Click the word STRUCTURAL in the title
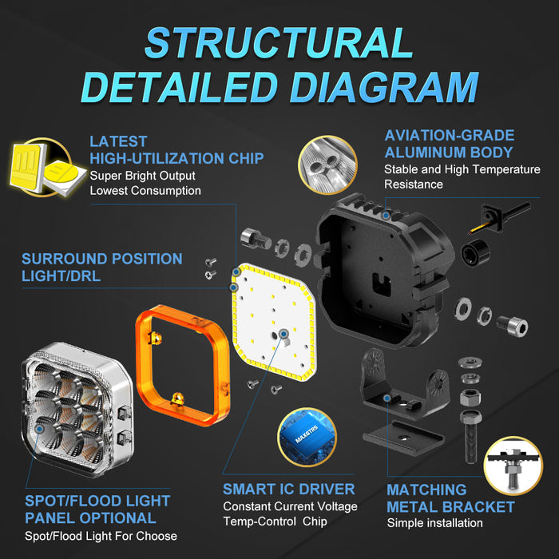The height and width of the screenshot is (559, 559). click(279, 43)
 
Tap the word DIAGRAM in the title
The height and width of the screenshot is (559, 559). click(384, 87)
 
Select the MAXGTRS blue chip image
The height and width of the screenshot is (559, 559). click(307, 437)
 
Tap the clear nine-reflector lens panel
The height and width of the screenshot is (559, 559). click(77, 409)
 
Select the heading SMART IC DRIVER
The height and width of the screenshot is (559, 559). click(289, 489)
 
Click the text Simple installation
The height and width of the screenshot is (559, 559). click(435, 523)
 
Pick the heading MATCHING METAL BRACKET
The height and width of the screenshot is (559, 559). click(450, 498)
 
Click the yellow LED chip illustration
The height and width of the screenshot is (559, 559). click(46, 168)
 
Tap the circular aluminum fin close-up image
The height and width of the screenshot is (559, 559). click(327, 165)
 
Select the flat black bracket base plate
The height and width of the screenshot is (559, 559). click(403, 438)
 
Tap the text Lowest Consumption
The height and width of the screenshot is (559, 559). click(145, 191)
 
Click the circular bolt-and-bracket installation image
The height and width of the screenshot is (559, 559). click(513, 466)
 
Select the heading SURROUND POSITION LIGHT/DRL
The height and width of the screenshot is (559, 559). click(102, 268)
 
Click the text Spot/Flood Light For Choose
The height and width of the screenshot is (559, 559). click(101, 536)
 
